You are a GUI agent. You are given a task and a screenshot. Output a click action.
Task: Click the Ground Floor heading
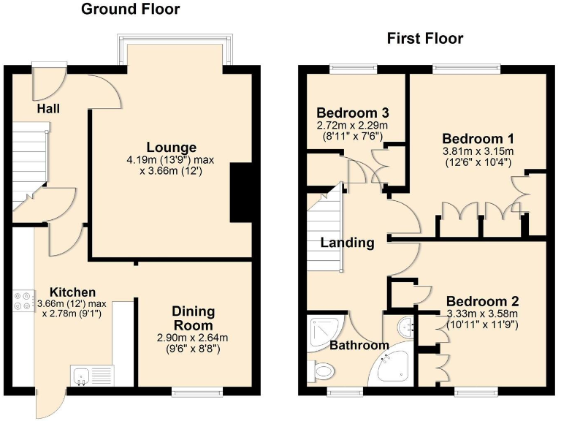[x=130, y=10]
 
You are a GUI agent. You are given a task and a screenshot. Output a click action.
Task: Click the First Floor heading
[x=424, y=39]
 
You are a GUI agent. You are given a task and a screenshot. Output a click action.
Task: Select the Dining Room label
[x=194, y=318]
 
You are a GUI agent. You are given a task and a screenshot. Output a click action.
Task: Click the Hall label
[x=48, y=109]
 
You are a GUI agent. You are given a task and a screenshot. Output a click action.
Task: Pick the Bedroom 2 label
[x=482, y=301]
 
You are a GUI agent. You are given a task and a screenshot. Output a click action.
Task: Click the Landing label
[x=348, y=243]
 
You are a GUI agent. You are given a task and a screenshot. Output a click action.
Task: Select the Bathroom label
[x=358, y=345]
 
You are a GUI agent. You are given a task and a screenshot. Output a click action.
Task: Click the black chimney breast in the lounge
[x=240, y=193]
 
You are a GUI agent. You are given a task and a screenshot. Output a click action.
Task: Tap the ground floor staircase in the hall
[x=30, y=162]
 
